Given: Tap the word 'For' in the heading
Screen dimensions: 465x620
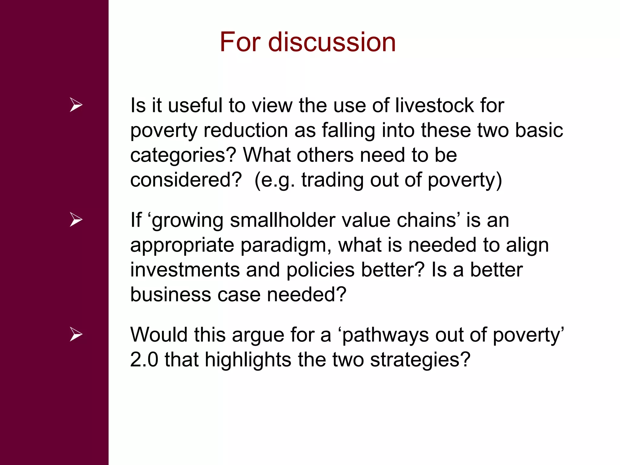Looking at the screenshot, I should tap(240, 42).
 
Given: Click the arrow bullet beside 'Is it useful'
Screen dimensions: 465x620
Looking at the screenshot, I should tap(76, 105).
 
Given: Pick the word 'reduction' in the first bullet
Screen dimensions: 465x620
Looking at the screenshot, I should tap(246, 130).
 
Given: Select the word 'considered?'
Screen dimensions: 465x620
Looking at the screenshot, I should tap(186, 180).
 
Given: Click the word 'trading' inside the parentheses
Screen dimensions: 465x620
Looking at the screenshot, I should tap(332, 180).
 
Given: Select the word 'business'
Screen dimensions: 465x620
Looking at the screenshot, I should tap(170, 295).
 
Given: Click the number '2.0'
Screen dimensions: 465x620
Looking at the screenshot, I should tap(144, 360).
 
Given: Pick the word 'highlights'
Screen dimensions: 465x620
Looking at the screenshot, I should tap(248, 360).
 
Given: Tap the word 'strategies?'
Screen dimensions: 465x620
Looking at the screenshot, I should tap(420, 360).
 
